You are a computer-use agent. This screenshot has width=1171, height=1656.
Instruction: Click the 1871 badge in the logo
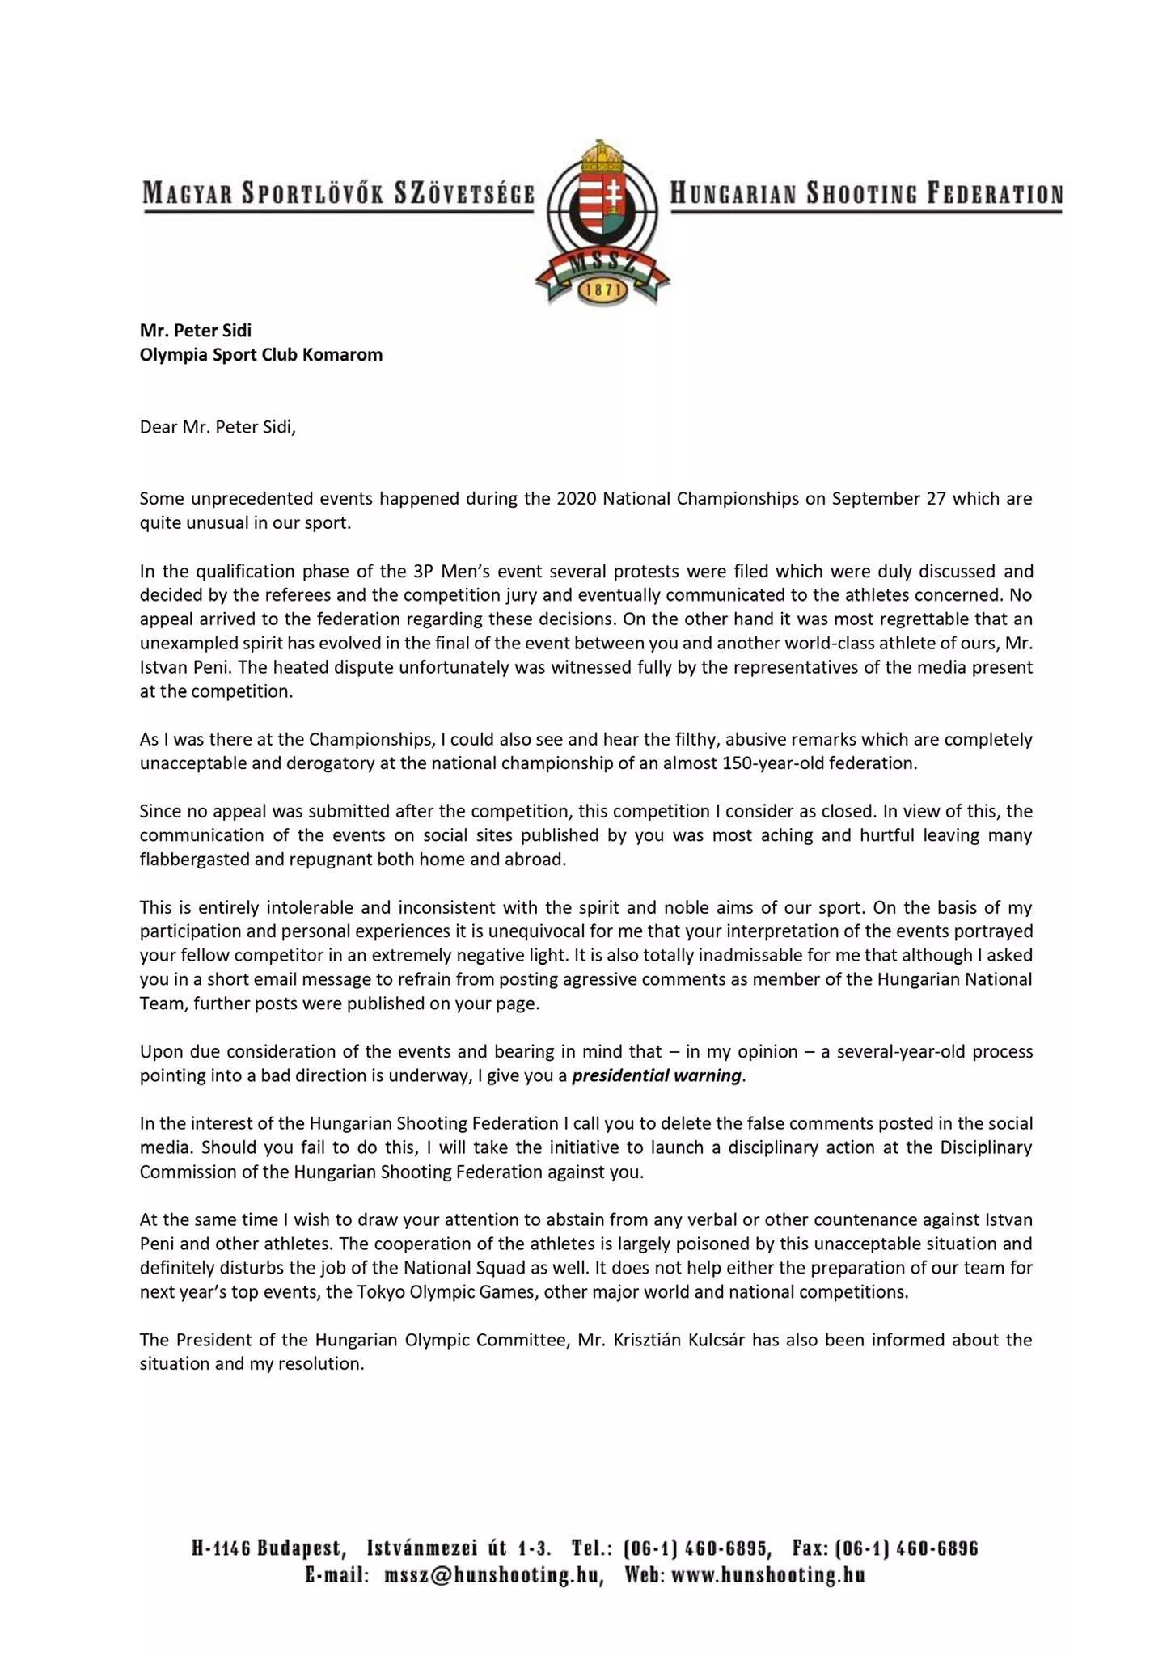click(x=603, y=289)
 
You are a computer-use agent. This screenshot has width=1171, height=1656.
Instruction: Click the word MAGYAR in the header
click(x=177, y=194)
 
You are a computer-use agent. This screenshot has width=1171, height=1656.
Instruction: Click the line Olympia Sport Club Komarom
click(x=261, y=354)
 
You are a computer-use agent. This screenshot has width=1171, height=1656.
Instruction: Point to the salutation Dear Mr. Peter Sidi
click(x=218, y=426)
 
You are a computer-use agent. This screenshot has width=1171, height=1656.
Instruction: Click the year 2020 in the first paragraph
click(x=577, y=498)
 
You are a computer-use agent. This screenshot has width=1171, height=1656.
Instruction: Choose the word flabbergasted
click(x=194, y=859)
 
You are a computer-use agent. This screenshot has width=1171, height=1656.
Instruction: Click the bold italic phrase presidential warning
click(x=656, y=1075)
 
